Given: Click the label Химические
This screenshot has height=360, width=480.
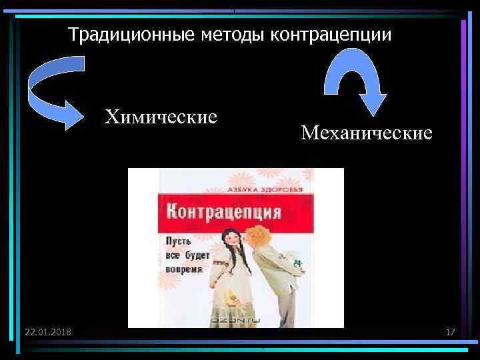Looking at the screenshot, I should [161, 117].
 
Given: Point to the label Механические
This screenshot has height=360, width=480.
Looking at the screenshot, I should [366, 133].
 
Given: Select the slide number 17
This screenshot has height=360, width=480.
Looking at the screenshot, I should [450, 331].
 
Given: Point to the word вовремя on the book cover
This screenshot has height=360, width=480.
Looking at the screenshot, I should [183, 269].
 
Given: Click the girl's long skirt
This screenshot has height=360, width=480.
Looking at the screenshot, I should [230, 303].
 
